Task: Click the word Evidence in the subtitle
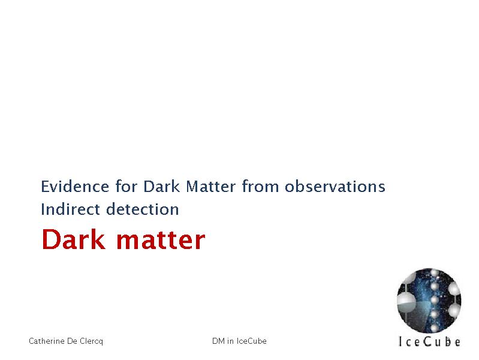pos(75,186)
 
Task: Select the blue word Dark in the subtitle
pos(161,186)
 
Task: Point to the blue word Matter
pos(211,186)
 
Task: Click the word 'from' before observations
pos(260,186)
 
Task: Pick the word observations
pos(335,186)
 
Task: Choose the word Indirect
pos(71,209)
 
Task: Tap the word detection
pos(142,209)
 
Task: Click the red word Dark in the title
pos(74,239)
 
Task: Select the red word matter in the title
pos(161,241)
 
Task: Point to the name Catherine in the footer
pos(46,341)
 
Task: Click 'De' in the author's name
pos(72,341)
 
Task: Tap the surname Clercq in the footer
pos(91,341)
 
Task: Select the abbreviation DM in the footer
pos(218,341)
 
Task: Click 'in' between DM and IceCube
pos(230,341)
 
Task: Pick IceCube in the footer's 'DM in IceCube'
pos(251,341)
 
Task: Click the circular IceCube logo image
pos(429,301)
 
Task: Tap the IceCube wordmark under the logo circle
pos(429,341)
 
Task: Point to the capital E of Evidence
pos(45,187)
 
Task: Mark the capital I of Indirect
pos(43,209)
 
